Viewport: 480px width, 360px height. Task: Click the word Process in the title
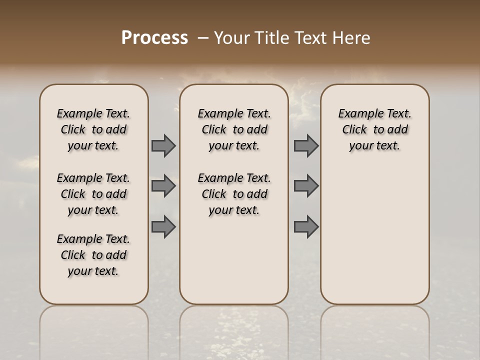tap(154, 38)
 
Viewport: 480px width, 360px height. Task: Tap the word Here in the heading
tap(350, 38)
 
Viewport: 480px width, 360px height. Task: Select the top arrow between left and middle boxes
tap(163, 145)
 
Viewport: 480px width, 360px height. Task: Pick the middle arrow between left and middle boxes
tap(163, 186)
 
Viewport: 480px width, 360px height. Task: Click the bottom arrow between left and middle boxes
tap(163, 226)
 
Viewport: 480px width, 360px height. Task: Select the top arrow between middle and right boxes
tap(306, 145)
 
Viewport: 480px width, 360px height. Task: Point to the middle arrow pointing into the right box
tap(306, 186)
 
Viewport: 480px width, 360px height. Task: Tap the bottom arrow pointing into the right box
tap(306, 226)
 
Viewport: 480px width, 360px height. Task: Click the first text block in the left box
tap(93, 129)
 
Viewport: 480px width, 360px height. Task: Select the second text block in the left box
tap(93, 194)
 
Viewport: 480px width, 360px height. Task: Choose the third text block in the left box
tap(93, 255)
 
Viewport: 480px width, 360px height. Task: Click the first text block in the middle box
tap(234, 129)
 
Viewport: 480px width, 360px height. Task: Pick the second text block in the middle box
tap(234, 194)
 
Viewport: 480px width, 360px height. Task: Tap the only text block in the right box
tap(375, 129)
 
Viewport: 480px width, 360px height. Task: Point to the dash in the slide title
tap(202, 38)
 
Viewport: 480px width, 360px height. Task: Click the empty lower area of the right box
tap(375, 240)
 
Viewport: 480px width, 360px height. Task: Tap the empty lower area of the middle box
tap(234, 260)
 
